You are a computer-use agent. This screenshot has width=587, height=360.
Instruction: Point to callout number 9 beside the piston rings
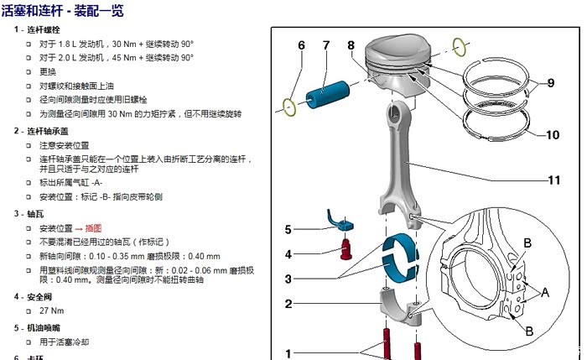(550, 83)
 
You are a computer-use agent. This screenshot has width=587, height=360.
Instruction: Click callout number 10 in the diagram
(552, 135)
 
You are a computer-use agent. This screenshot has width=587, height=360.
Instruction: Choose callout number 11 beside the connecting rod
(553, 180)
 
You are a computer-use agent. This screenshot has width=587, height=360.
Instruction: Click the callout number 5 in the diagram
(287, 228)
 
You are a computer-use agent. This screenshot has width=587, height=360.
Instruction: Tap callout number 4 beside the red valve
(287, 254)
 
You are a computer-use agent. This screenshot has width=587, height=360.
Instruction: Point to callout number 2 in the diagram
(287, 304)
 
